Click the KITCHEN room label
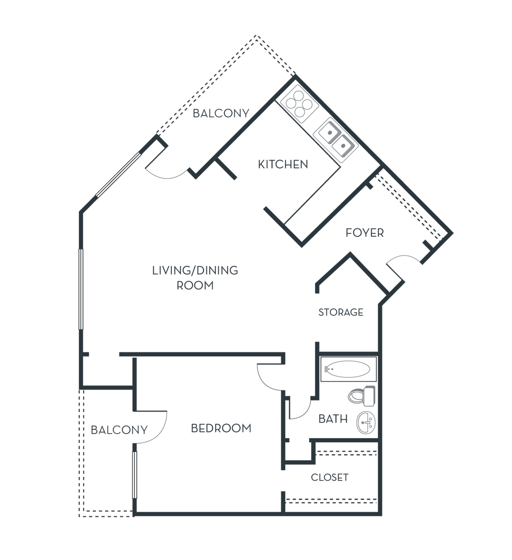pyautogui.click(x=283, y=164)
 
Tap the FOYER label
pyautogui.click(x=364, y=233)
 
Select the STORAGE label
pyautogui.click(x=341, y=312)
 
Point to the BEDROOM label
pyautogui.click(x=221, y=428)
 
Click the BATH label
pyautogui.click(x=333, y=419)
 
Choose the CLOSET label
pyautogui.click(x=330, y=477)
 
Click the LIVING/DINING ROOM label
pyautogui.click(x=195, y=278)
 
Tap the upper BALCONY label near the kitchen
pyautogui.click(x=221, y=113)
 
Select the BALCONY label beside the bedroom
pyautogui.click(x=119, y=430)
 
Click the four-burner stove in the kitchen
pyautogui.click(x=299, y=104)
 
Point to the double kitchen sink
pyautogui.click(x=335, y=140)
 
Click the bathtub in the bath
pyautogui.click(x=348, y=369)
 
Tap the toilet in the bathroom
pyautogui.click(x=361, y=396)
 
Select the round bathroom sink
pyautogui.click(x=366, y=423)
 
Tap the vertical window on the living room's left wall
pyautogui.click(x=81, y=289)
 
